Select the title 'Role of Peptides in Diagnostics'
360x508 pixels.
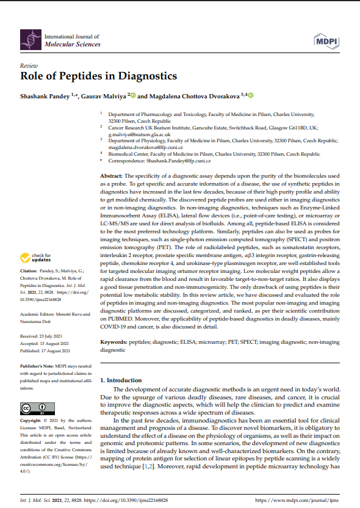[x=98, y=76]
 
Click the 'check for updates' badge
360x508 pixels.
[x=37, y=257]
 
